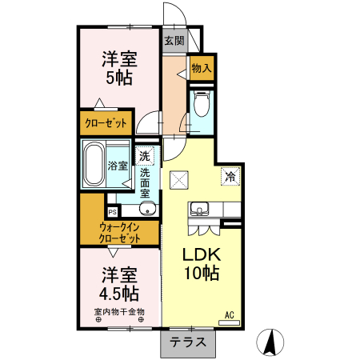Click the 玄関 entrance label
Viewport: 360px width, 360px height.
click(x=174, y=40)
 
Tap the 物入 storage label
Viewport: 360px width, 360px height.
click(x=202, y=69)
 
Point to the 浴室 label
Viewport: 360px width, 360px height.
click(x=118, y=166)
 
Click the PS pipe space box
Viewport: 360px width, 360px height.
click(x=113, y=212)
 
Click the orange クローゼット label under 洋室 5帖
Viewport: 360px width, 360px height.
click(x=106, y=124)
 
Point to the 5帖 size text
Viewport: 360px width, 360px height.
click(x=118, y=78)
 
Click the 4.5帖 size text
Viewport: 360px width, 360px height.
click(x=119, y=293)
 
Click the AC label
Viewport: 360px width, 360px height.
click(x=229, y=314)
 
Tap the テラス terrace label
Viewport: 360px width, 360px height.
click(x=189, y=342)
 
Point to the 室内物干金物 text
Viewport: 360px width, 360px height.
click(x=118, y=311)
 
